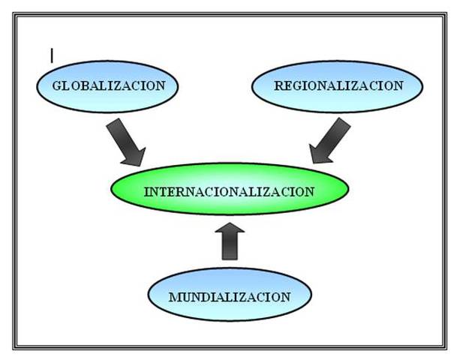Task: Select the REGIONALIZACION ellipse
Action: (337, 85)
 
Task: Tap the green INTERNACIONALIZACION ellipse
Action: (229, 191)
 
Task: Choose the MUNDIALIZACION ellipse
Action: (229, 296)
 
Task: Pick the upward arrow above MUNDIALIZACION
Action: (230, 240)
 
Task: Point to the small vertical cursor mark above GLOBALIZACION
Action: (52, 55)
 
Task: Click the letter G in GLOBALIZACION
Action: (56, 85)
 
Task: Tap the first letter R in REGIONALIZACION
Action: (278, 85)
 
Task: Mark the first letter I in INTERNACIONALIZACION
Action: (146, 191)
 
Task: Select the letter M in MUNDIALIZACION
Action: (173, 297)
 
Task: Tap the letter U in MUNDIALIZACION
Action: (185, 297)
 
